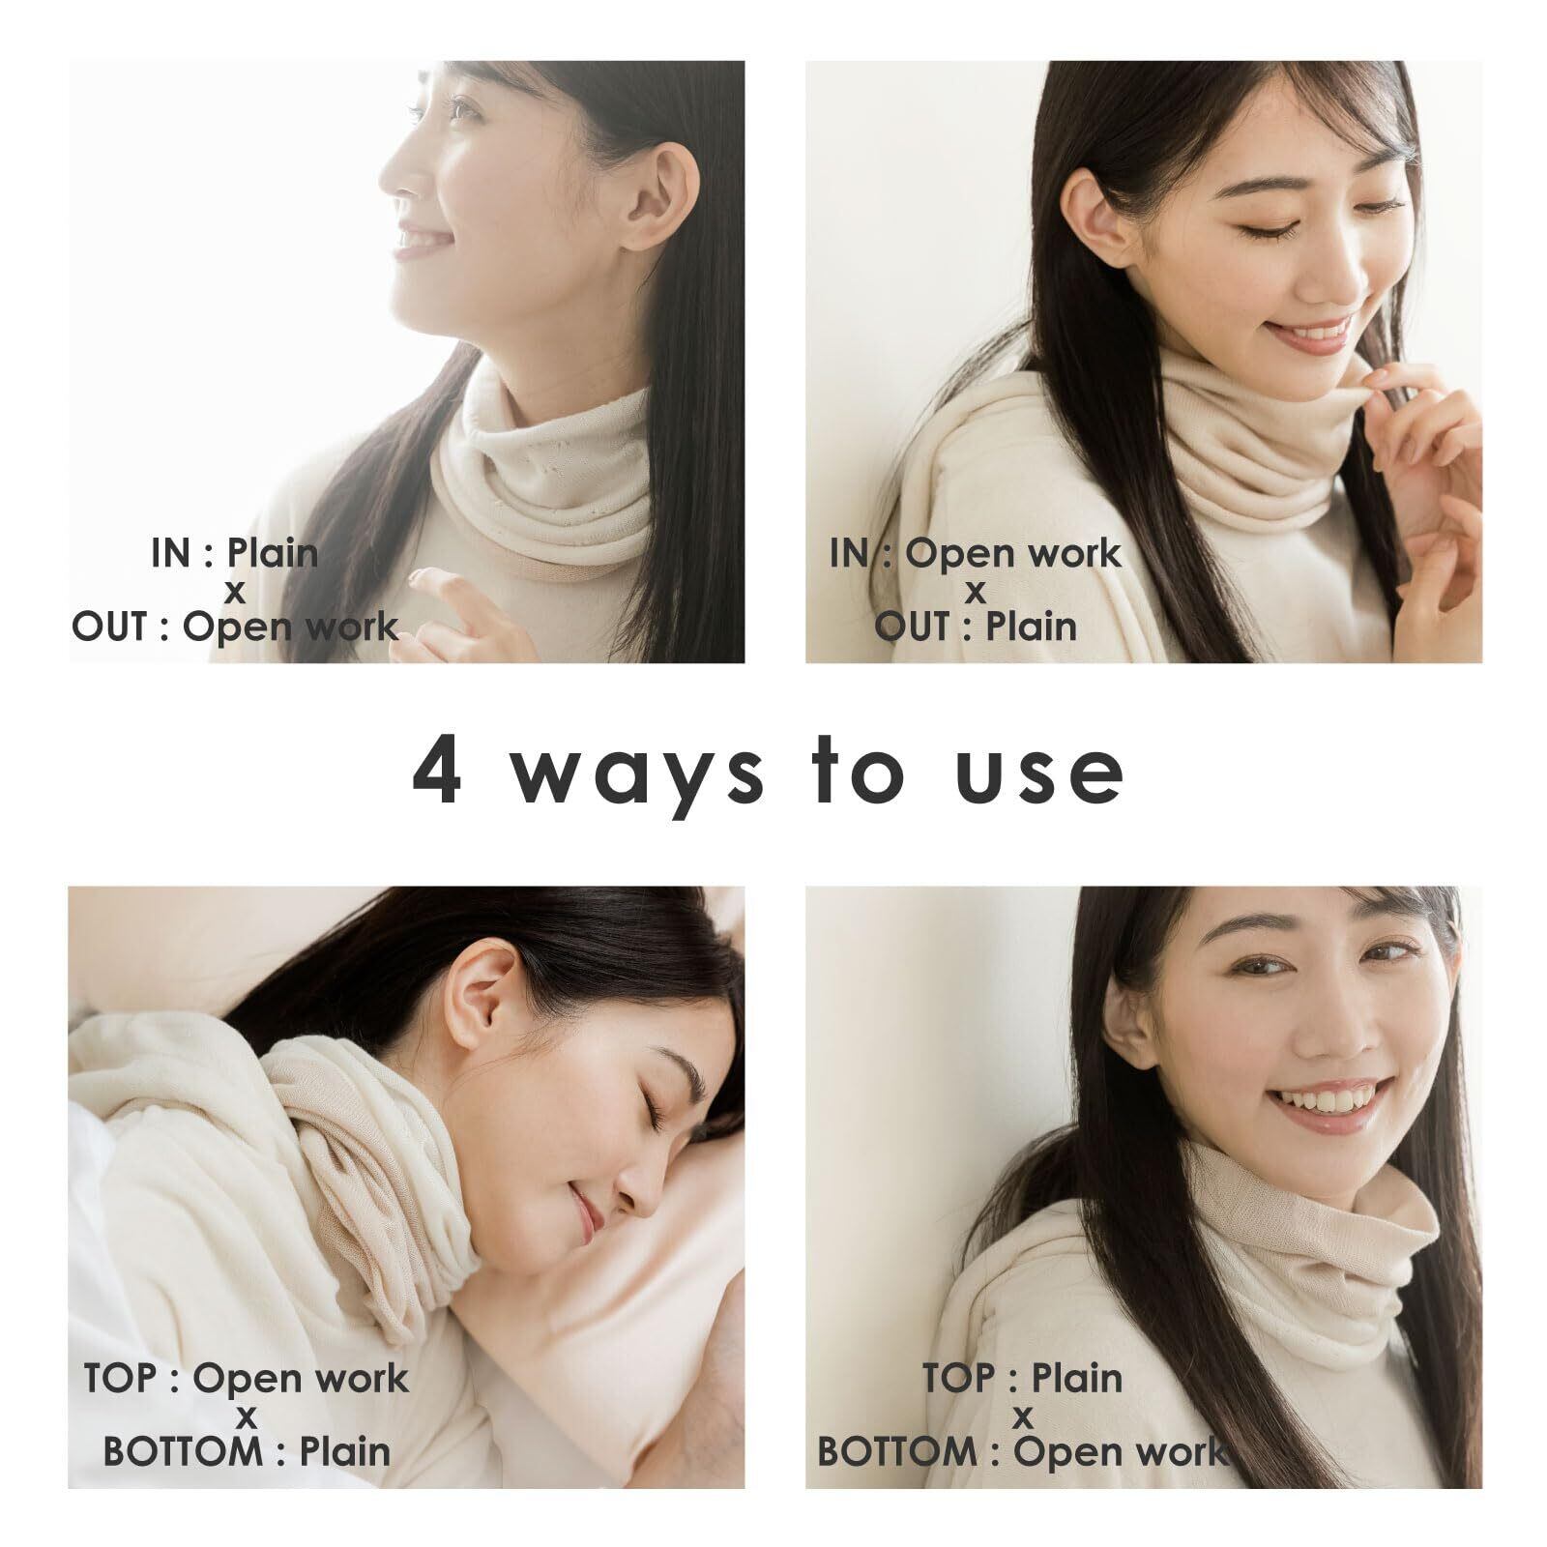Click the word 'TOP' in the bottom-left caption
coord(121,1379)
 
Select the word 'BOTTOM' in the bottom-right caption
coord(897,1451)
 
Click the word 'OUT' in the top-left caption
coord(108,627)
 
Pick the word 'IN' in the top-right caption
coord(849,553)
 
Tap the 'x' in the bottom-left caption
coord(247,1417)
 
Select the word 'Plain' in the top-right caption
coord(1032,627)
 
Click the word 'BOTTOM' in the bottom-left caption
coord(183,1451)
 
